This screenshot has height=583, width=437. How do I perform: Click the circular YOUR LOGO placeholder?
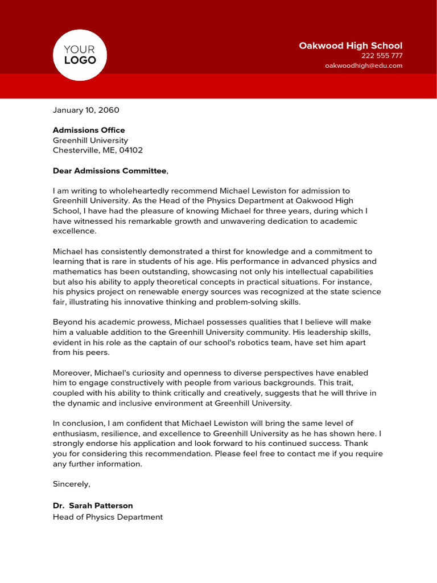[80, 55]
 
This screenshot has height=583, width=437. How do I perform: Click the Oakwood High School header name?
[351, 46]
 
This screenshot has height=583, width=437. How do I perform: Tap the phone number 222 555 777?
[382, 56]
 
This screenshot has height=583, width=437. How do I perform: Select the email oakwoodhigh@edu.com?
[364, 65]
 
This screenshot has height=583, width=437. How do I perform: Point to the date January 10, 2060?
[86, 110]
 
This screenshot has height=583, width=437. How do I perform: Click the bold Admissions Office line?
[89, 130]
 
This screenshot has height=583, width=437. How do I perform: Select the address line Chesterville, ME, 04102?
[98, 151]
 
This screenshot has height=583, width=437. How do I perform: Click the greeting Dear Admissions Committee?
[110, 171]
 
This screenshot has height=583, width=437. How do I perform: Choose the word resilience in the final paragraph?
[120, 433]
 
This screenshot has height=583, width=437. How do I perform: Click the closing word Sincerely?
[71, 484]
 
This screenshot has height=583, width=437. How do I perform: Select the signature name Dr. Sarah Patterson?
[93, 506]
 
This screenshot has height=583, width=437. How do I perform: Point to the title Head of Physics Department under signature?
[108, 517]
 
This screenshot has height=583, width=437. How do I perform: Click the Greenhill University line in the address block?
[90, 141]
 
